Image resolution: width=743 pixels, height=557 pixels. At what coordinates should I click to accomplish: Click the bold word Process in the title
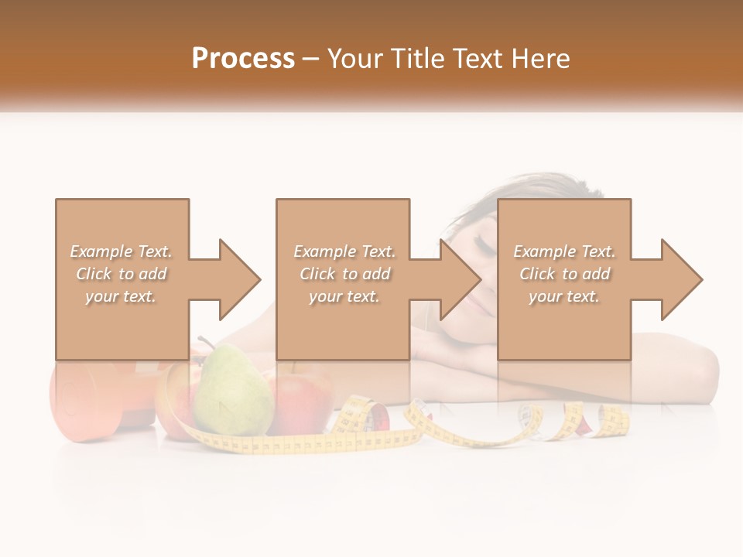click(x=243, y=59)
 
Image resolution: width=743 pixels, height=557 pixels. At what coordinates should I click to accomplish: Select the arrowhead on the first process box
click(x=240, y=279)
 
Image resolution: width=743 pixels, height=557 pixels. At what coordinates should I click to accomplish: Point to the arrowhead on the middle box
click(x=461, y=279)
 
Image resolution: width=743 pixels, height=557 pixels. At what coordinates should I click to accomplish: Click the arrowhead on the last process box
click(x=681, y=279)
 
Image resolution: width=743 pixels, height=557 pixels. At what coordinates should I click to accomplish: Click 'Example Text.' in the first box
click(x=122, y=251)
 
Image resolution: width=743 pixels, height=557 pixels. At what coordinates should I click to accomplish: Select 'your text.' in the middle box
click(x=344, y=296)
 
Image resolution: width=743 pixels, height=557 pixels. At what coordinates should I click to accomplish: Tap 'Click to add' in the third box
click(x=565, y=274)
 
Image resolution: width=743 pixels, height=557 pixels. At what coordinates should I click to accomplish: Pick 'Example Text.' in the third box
click(x=565, y=251)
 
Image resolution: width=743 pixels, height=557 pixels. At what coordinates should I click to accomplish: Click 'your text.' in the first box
click(x=122, y=296)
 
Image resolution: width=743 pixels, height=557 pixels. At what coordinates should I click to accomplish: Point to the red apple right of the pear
click(x=302, y=402)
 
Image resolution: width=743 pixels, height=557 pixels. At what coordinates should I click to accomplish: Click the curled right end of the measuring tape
click(x=611, y=422)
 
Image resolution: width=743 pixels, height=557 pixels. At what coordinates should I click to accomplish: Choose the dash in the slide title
click(x=311, y=59)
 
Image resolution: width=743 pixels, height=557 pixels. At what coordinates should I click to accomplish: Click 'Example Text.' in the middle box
click(x=344, y=251)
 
